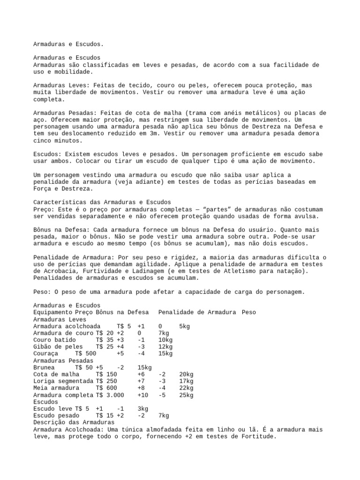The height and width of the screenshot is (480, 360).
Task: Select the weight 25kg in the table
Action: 186,395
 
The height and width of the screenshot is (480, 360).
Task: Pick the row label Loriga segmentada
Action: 63,381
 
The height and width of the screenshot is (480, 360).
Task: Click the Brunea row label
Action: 44,367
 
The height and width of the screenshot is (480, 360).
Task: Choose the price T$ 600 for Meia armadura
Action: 106,388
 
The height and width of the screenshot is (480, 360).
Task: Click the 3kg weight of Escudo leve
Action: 142,409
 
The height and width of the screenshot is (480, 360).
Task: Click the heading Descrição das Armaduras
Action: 74,422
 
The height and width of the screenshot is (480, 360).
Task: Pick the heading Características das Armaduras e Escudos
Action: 103,202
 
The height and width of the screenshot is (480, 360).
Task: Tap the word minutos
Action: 68,140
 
